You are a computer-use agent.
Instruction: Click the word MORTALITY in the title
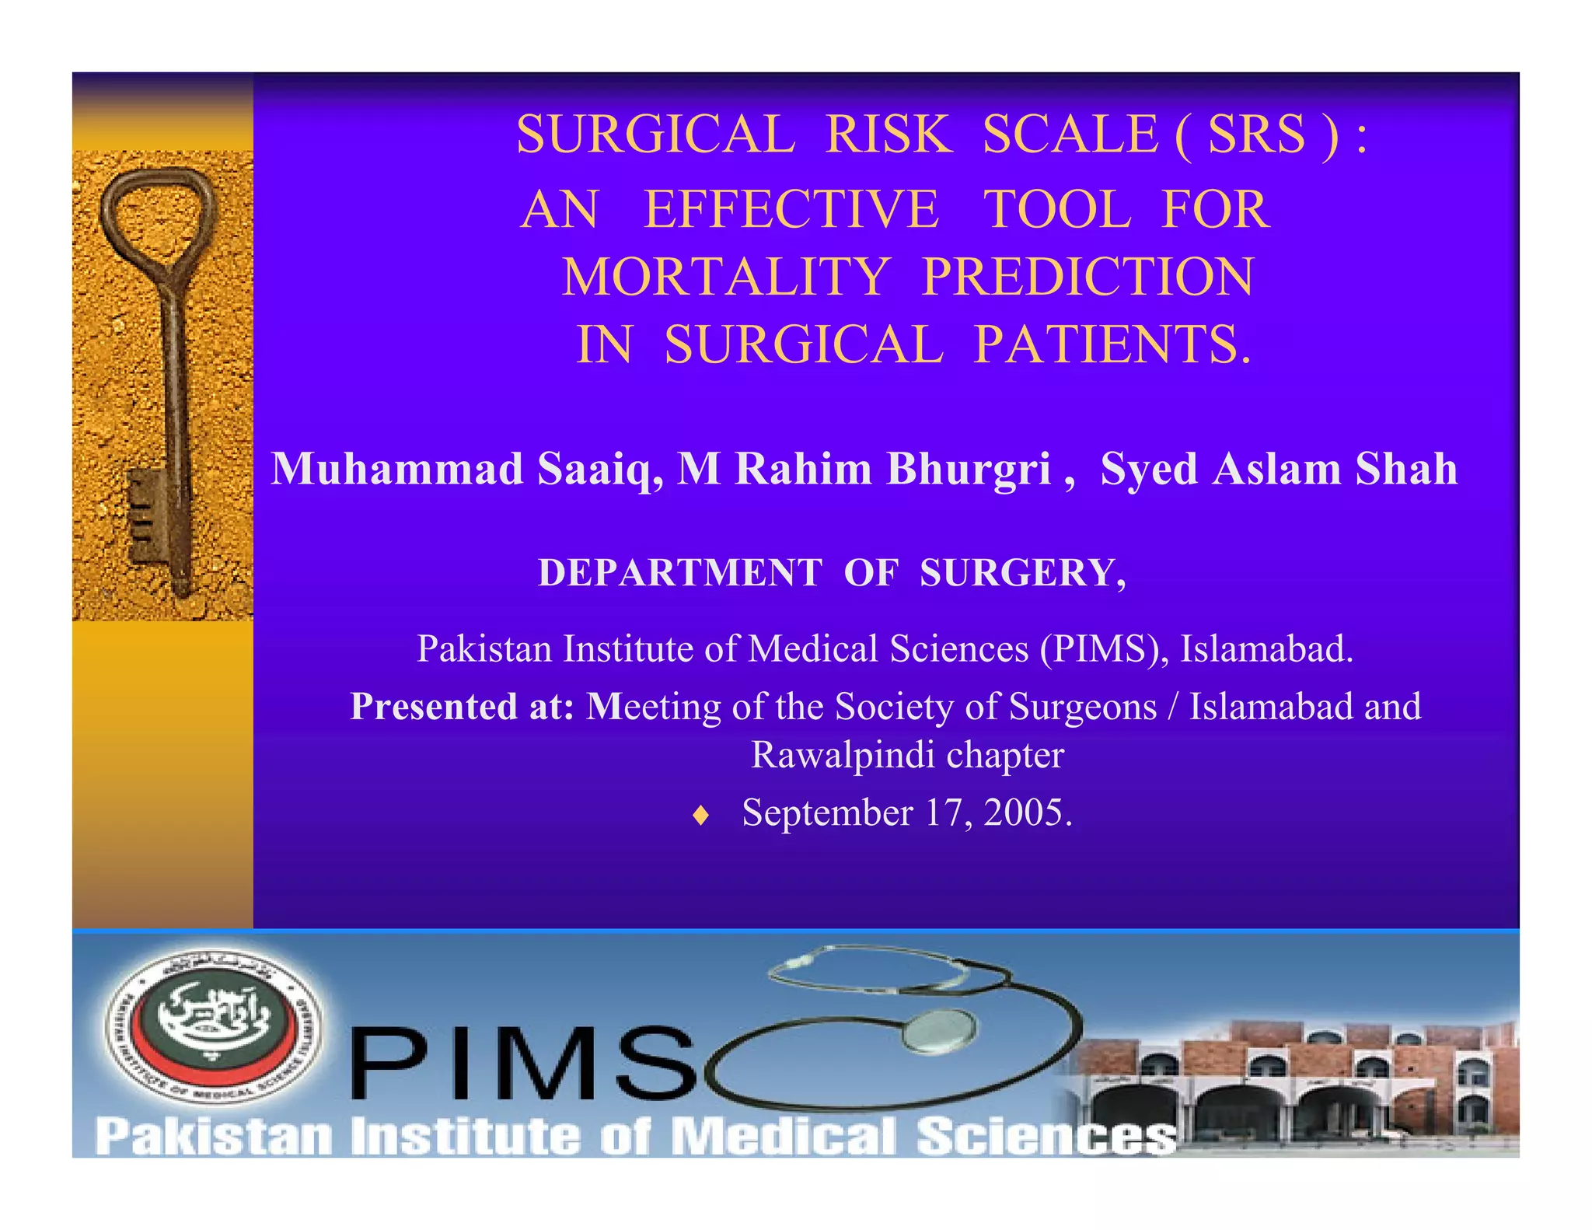[x=725, y=278]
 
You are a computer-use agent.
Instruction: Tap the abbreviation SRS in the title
[x=1256, y=135]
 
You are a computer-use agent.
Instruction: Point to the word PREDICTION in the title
[x=1088, y=278]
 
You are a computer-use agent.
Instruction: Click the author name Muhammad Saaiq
[x=466, y=470]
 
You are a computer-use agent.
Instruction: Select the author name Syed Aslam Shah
[x=1279, y=470]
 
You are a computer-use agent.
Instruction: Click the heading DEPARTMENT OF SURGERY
[x=832, y=573]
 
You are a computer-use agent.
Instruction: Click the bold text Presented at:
[x=462, y=707]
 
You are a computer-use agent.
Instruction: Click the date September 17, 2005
[x=906, y=812]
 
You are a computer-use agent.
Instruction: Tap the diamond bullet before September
[x=701, y=815]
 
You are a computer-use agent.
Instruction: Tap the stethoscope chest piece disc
[x=939, y=1029]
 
